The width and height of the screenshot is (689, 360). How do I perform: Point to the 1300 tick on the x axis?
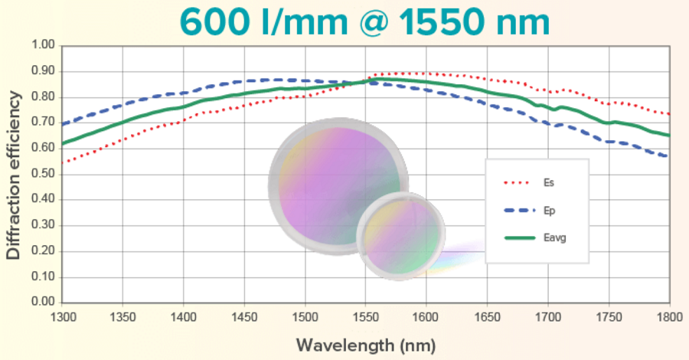[63, 316]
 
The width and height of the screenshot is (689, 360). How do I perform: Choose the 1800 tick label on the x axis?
[668, 316]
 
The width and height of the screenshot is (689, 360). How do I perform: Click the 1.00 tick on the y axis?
[43, 46]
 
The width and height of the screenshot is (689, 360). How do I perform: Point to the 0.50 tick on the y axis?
[43, 174]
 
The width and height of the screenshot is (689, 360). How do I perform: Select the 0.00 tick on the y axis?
[43, 303]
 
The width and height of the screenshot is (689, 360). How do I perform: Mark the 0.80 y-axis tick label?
[43, 97]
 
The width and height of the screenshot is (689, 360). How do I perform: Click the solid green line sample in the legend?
[521, 237]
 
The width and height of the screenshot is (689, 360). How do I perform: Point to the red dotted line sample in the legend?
[521, 183]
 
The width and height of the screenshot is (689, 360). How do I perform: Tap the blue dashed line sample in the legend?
[521, 210]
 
